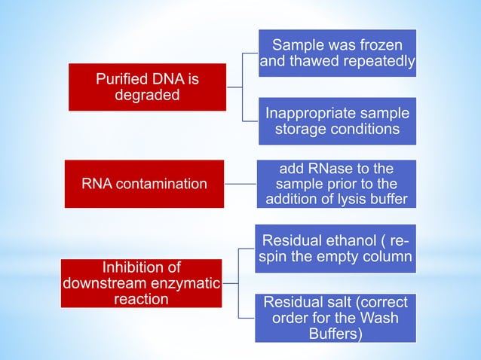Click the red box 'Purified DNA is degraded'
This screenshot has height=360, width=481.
[148, 87]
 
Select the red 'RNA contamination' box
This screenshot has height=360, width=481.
[144, 184]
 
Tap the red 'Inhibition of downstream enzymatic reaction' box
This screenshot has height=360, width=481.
[141, 283]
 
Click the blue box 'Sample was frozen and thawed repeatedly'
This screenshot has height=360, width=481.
[337, 53]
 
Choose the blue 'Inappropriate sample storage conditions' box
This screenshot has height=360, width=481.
[337, 121]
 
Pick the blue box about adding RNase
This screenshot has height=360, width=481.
[337, 183]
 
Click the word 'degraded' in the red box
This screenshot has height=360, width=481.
[148, 96]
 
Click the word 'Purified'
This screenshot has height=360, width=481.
[124, 78]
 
